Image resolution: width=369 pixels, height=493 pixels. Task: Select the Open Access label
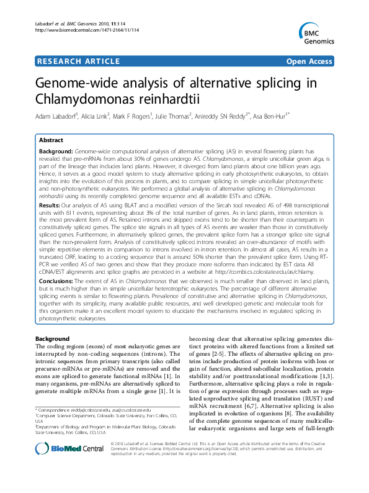pos(310,61)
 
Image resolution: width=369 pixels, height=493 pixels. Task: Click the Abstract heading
pos(51,140)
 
